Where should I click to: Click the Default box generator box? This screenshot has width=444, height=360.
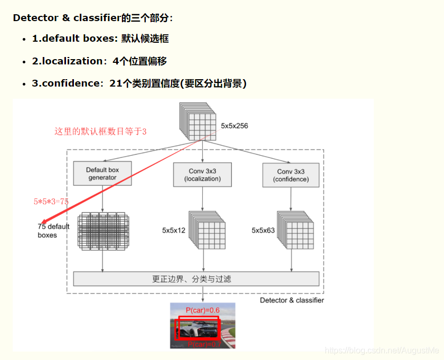tap(102, 174)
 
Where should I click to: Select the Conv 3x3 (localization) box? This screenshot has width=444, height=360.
tap(202, 175)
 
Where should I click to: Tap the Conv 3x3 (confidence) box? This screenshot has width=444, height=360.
tap(291, 175)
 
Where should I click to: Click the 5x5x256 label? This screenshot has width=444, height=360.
tap(234, 126)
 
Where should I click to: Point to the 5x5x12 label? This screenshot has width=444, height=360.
tap(174, 230)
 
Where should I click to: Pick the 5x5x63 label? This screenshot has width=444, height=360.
tap(263, 230)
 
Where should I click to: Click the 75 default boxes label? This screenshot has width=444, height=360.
tap(53, 231)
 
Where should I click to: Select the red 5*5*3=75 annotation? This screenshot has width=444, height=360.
tap(51, 201)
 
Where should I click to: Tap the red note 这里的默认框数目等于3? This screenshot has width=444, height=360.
tap(100, 131)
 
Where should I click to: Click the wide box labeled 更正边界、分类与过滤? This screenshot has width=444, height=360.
tap(196, 279)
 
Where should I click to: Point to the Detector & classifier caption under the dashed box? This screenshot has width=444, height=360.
tap(292, 300)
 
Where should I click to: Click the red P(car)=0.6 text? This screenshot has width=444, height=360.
tap(203, 310)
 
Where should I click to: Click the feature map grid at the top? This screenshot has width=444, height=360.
tap(199, 121)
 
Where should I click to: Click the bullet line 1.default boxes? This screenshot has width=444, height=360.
tap(100, 39)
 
